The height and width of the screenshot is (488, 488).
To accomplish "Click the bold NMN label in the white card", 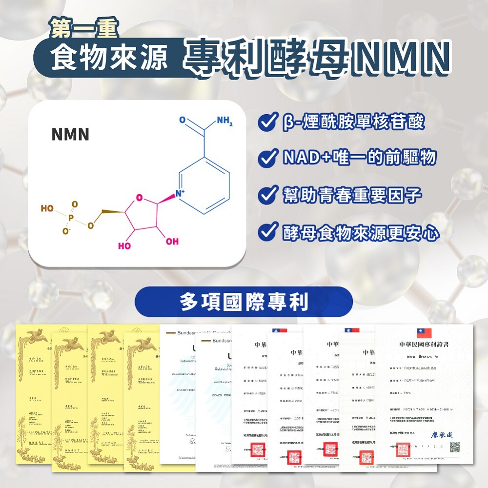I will point(70,134).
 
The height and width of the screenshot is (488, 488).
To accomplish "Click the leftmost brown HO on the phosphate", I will point(47,208).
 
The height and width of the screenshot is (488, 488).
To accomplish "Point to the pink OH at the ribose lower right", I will point(172,242).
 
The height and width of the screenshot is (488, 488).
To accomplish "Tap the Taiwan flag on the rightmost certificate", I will point(424,333).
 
